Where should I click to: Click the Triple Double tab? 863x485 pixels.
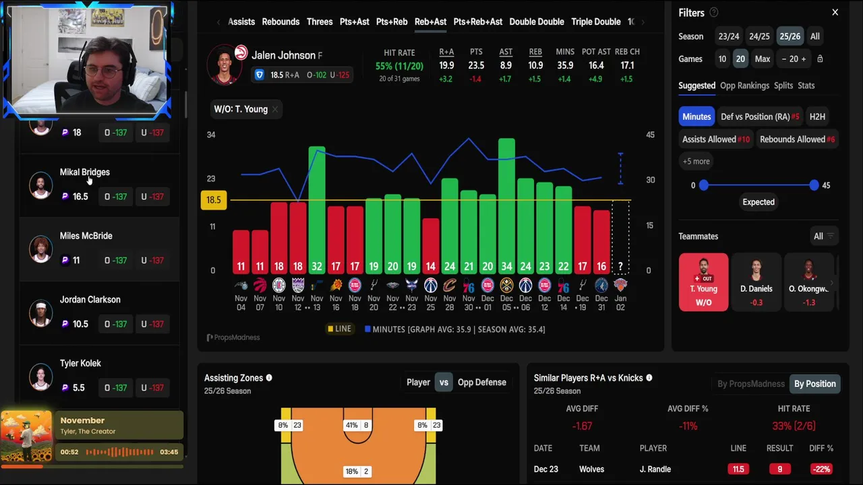[x=595, y=22]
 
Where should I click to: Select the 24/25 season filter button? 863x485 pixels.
[x=759, y=36]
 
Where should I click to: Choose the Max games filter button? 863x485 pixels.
[x=763, y=59]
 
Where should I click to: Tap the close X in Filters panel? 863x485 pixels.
[x=835, y=12]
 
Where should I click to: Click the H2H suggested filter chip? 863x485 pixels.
[x=817, y=117]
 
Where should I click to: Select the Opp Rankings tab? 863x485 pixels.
[x=744, y=86]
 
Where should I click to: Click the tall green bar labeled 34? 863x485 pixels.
[x=506, y=202]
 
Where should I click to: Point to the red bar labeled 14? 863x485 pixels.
[x=431, y=246]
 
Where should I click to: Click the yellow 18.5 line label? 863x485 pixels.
[x=213, y=200]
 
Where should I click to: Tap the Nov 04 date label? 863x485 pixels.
[x=241, y=302]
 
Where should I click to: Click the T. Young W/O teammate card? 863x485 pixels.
[x=703, y=282]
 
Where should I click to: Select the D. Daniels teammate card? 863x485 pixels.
[x=756, y=282]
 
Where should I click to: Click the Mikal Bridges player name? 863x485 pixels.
[x=85, y=172]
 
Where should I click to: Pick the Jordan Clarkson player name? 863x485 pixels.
[x=90, y=300]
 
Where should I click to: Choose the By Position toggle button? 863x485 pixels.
[x=814, y=384]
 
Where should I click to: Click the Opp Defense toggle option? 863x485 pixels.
[x=481, y=383]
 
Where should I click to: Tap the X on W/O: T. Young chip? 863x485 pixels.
[x=275, y=109]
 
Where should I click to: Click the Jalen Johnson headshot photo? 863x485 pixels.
[x=225, y=65]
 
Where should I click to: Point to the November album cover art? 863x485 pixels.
[x=26, y=436]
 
